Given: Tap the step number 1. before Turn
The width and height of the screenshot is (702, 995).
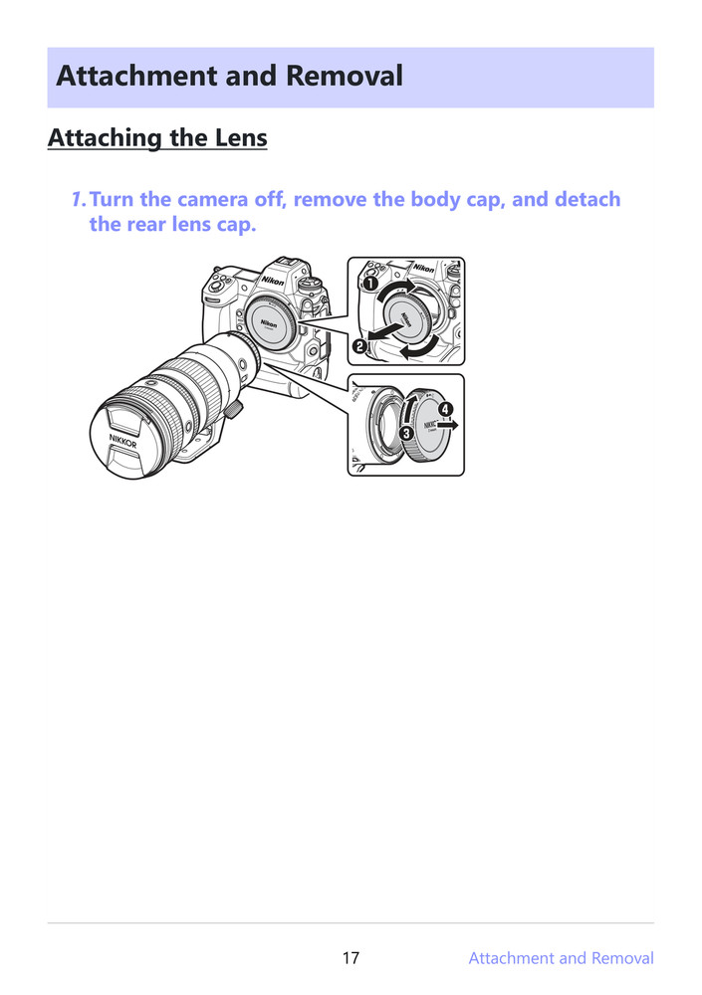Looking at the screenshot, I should (79, 199).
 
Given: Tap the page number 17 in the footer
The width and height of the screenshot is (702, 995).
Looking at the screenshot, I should (351, 958).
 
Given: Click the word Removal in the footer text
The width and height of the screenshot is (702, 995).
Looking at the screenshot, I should (622, 958).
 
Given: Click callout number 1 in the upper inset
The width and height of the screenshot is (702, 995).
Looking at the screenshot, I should (369, 284).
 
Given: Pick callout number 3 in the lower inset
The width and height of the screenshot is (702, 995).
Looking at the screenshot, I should (406, 435).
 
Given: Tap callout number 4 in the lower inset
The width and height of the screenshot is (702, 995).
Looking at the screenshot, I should (445, 409).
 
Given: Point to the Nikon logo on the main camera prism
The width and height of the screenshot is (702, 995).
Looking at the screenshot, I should (274, 282).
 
